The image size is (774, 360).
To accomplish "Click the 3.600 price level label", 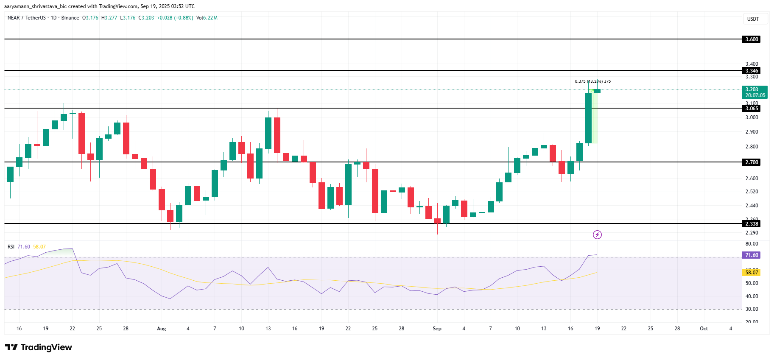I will [x=752, y=39].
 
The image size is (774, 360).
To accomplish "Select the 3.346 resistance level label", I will [x=752, y=71].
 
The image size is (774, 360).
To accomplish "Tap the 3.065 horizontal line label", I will [x=752, y=109].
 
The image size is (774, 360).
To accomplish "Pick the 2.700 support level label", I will [x=752, y=162].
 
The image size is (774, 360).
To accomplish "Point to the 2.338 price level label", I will [x=752, y=224].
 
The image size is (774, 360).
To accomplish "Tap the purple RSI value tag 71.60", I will [x=752, y=255].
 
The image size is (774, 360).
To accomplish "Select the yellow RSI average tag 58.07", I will [x=752, y=273].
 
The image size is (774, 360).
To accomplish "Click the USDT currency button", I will [x=753, y=19].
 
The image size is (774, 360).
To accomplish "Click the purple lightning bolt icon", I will [x=597, y=234].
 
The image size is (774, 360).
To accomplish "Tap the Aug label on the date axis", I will [x=161, y=329].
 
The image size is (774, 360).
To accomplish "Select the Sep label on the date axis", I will [x=437, y=329].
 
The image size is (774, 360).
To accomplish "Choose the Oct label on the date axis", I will [x=704, y=329].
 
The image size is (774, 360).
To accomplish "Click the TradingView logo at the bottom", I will [x=39, y=347].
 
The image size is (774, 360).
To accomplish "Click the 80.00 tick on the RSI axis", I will [x=752, y=244].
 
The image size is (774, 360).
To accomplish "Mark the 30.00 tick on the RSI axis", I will [x=752, y=309].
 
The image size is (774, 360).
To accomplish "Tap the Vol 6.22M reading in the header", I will [x=207, y=18].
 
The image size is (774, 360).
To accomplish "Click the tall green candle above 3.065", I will [x=588, y=118].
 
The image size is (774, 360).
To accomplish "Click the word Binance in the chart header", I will [x=70, y=18].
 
